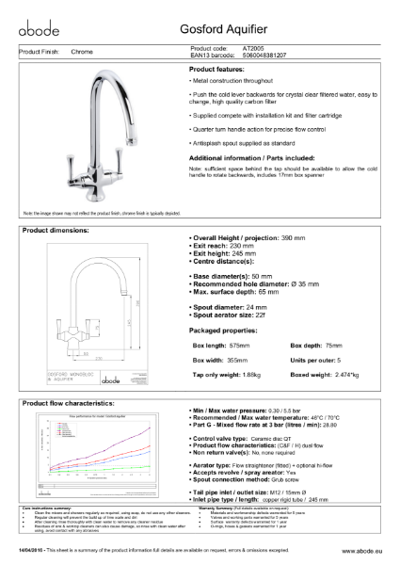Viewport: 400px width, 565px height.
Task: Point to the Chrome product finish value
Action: tap(82, 52)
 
